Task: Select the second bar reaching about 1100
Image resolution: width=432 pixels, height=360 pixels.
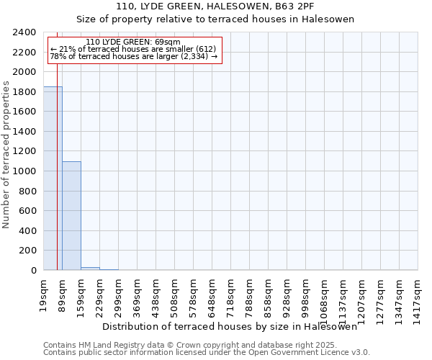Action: coord(71,216)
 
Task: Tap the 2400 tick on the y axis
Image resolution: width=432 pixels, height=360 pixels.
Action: coord(25,32)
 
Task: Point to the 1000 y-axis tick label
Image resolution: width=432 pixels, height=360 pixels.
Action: coord(25,171)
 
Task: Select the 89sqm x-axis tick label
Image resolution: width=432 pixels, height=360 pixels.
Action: coord(62,291)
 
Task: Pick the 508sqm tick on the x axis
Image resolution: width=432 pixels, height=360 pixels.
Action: coord(174,293)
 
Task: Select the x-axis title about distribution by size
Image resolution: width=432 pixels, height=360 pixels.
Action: coord(230,326)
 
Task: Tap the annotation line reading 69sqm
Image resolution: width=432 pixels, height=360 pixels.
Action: coord(132,42)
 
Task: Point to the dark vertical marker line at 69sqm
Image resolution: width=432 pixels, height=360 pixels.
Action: coord(57,180)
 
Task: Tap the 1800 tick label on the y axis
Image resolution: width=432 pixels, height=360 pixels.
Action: coord(25,92)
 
